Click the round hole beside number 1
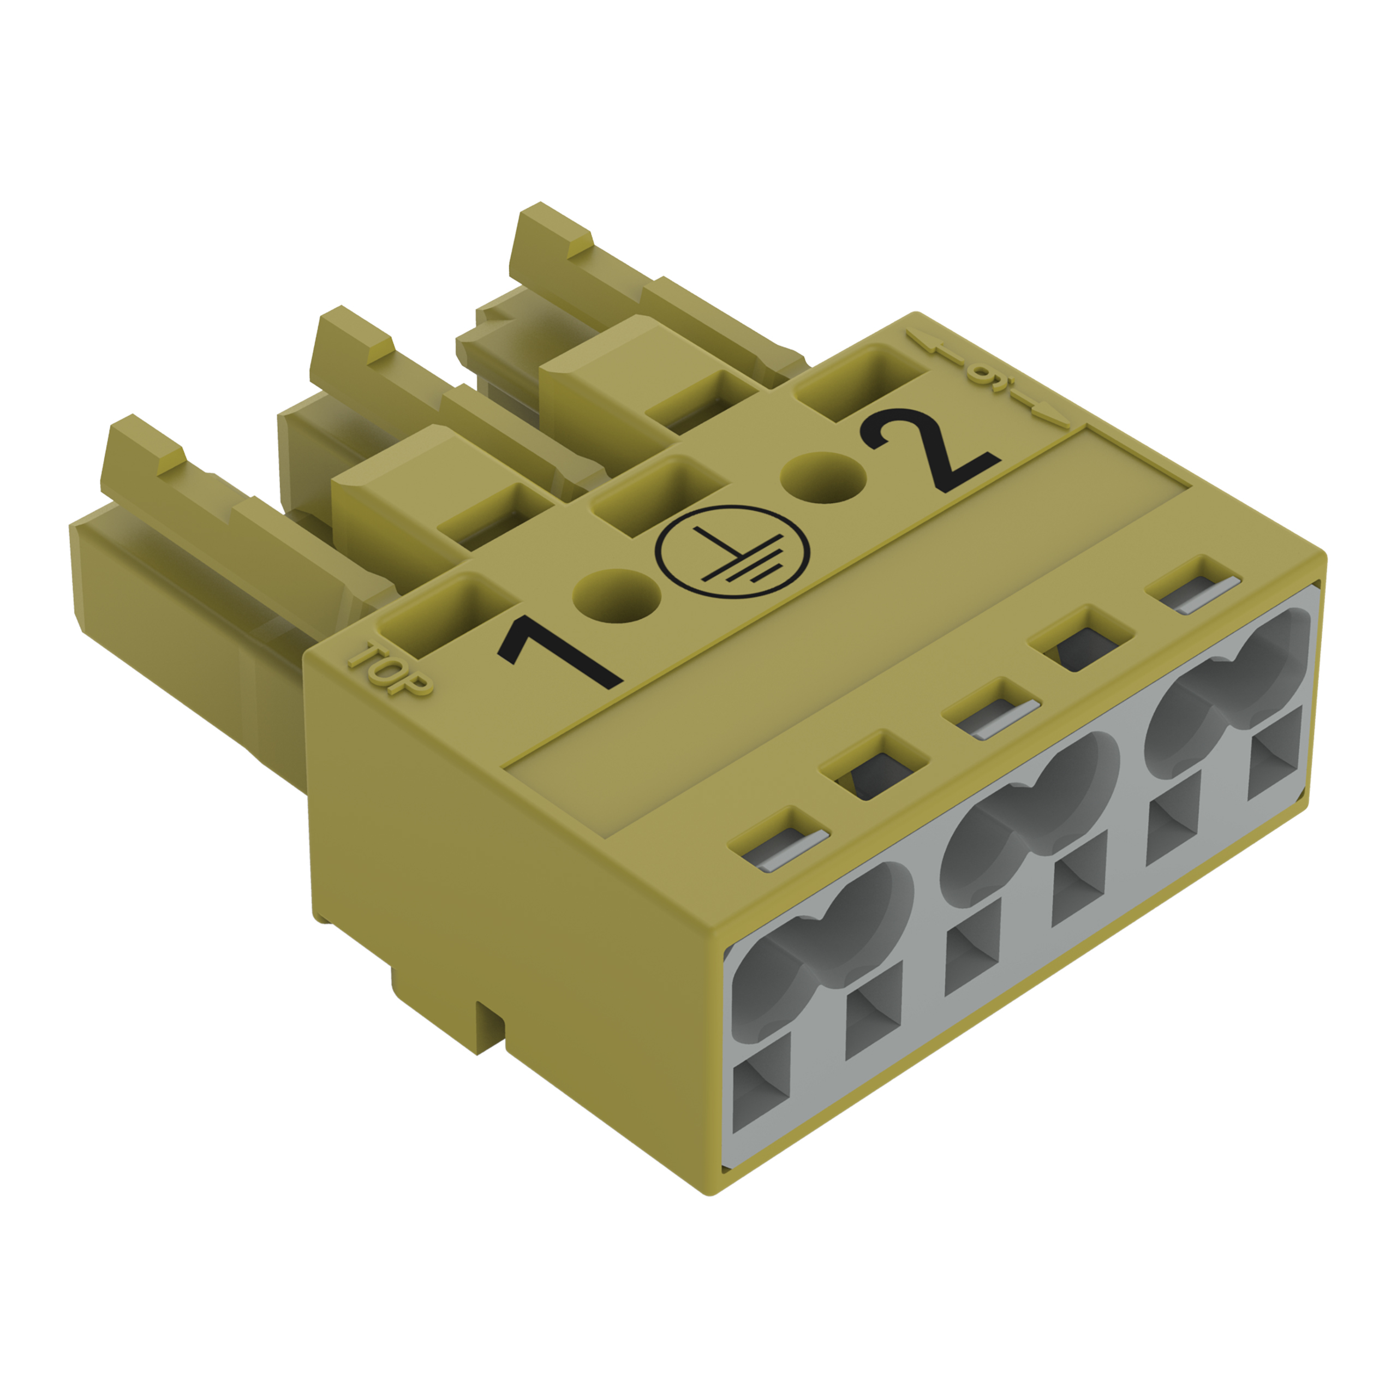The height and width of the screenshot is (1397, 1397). point(617,596)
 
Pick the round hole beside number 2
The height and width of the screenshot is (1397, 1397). point(826,477)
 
